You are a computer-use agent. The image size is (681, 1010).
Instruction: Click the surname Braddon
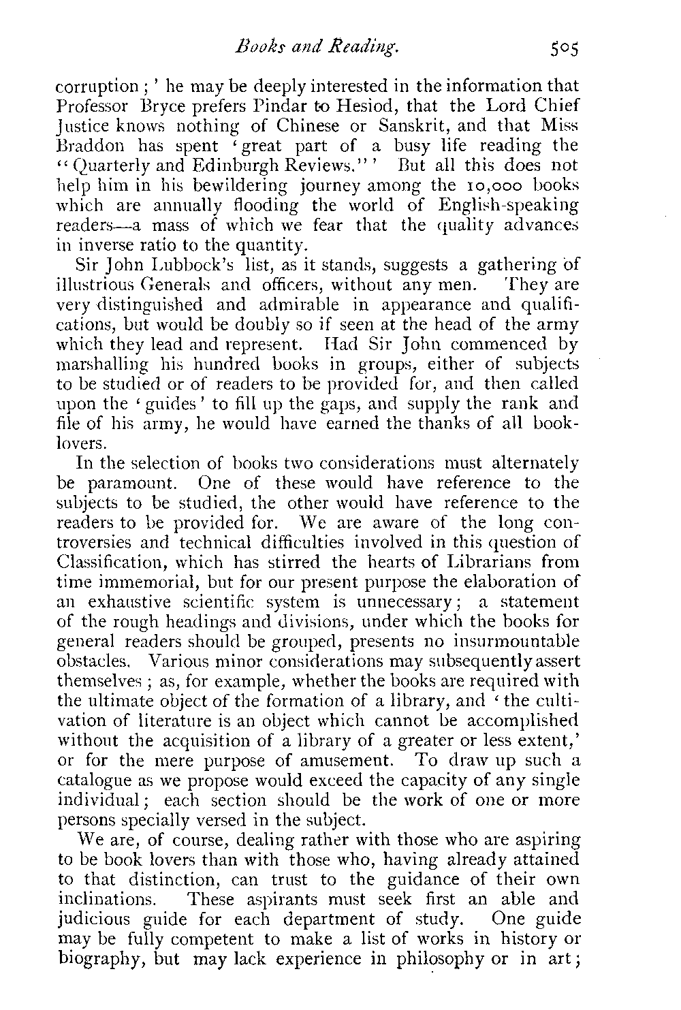point(84,146)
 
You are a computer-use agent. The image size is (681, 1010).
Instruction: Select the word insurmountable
point(518,641)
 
